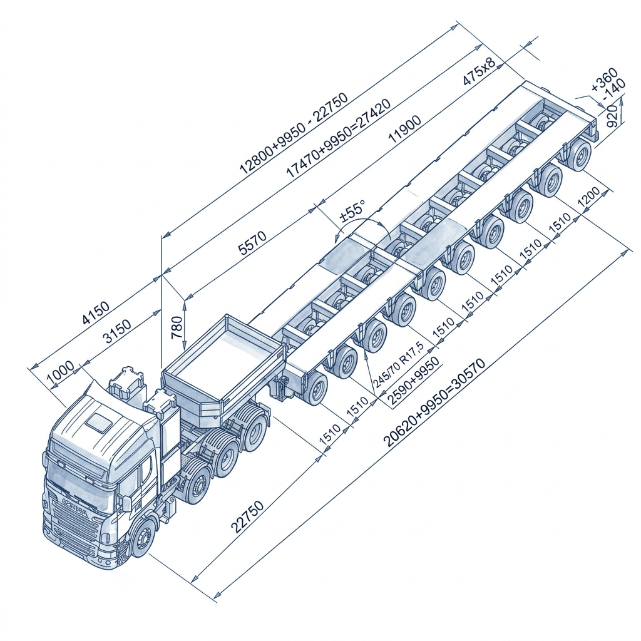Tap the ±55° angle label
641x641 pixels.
(352, 210)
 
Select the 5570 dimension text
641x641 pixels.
(253, 244)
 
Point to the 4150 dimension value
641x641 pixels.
(96, 312)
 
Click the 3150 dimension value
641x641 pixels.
(116, 331)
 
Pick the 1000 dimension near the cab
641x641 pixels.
(61, 373)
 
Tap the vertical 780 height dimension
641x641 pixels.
(177, 327)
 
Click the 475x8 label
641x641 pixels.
(479, 71)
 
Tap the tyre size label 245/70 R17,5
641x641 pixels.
(398, 363)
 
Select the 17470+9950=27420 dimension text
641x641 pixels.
(338, 138)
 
